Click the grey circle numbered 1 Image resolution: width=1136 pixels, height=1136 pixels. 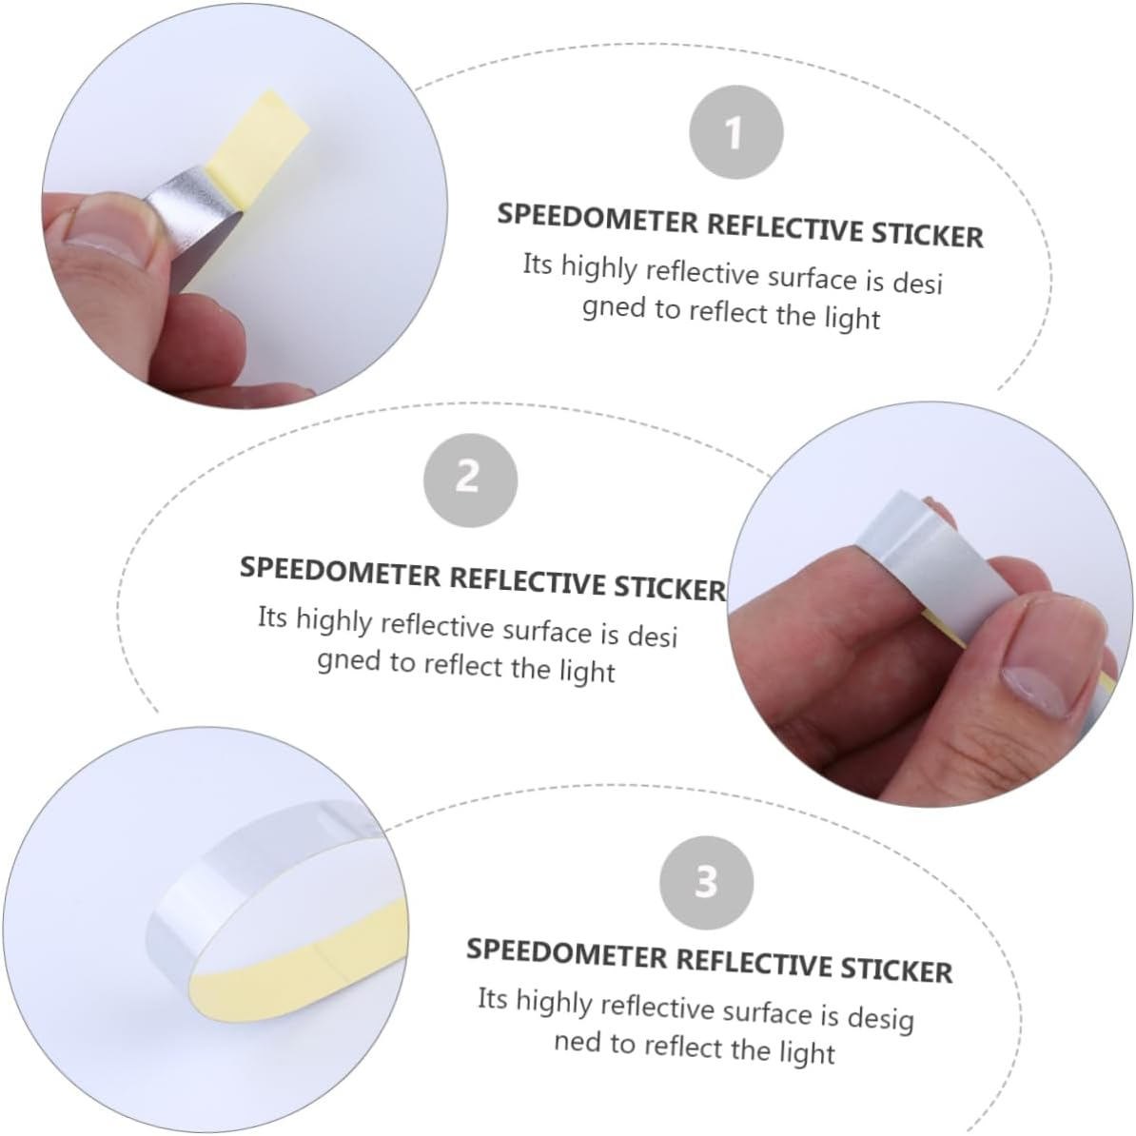[735, 132]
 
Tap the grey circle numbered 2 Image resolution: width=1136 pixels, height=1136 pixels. [470, 479]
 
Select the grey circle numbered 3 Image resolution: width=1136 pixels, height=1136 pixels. [706, 882]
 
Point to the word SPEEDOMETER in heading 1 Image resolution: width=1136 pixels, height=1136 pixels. [597, 220]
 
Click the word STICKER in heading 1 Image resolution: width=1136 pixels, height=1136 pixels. [928, 235]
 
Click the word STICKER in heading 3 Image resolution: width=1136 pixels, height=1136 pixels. [896, 968]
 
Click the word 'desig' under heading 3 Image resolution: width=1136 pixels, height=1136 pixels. [881, 1019]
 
